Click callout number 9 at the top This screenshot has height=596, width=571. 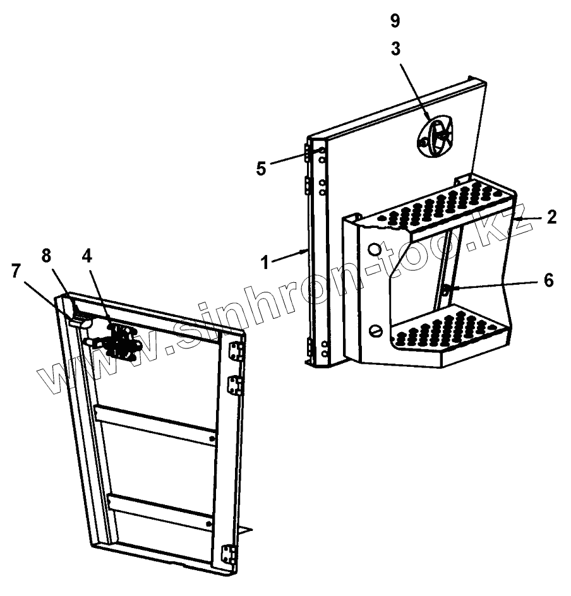click(x=395, y=21)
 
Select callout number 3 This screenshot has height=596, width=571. click(x=395, y=50)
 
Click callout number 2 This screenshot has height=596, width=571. click(x=551, y=218)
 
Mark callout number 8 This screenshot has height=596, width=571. click(x=46, y=256)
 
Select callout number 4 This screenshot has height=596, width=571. click(x=87, y=256)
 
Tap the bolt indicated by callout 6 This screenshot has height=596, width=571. click(x=446, y=289)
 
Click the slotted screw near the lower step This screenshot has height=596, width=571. click(x=378, y=330)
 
